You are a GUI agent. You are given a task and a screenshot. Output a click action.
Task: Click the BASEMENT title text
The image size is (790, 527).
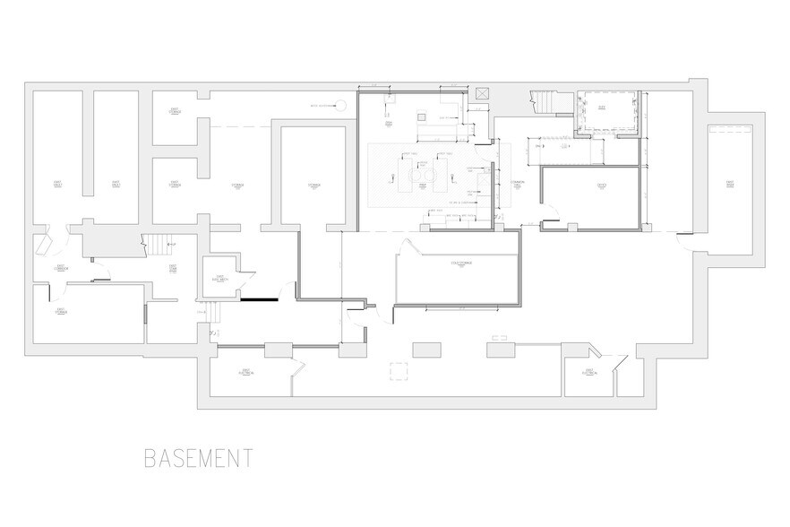(198, 458)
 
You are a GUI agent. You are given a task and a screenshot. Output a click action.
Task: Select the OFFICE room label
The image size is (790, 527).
(602, 185)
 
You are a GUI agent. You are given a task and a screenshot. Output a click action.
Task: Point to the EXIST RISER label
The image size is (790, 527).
(731, 185)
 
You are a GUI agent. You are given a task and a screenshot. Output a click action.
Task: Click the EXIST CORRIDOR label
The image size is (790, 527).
(62, 268)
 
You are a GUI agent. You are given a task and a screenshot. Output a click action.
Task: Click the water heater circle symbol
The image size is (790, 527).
(341, 105)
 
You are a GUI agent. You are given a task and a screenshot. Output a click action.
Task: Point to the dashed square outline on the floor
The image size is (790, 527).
(397, 371)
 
